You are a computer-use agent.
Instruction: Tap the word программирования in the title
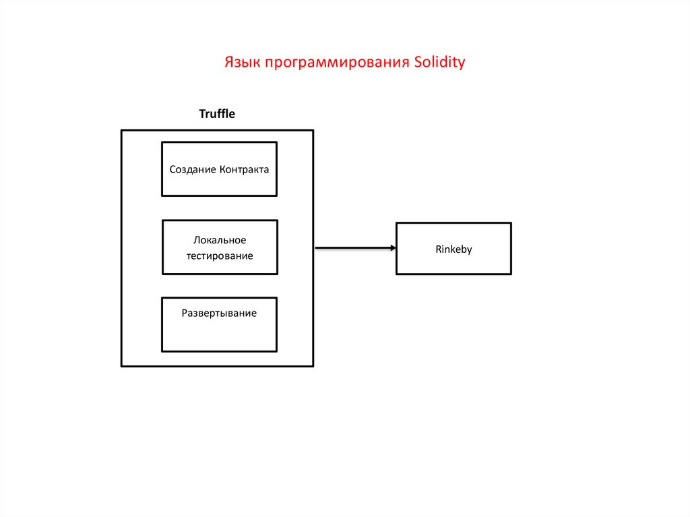pos(337,63)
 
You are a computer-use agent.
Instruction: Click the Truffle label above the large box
pos(217,114)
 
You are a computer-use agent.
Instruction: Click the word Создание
pos(193,169)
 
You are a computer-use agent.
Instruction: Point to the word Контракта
pos(244,169)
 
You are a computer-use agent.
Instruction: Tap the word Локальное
pos(220,240)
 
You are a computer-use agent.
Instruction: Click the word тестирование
pos(220,256)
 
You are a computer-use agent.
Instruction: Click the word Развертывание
pos(219,313)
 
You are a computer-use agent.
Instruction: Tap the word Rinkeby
pos(453,249)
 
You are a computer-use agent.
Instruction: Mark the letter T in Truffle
pos(202,114)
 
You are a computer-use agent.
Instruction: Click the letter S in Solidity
pos(418,63)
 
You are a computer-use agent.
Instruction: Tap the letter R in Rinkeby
pos(438,249)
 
